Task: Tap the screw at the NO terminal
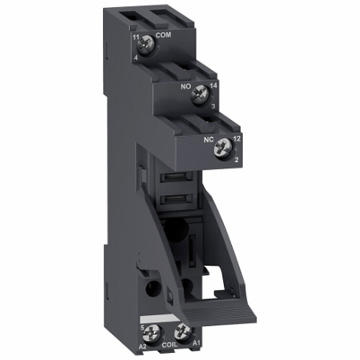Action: (x=200, y=90)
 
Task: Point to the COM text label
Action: (x=164, y=35)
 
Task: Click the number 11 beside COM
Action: (x=135, y=37)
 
